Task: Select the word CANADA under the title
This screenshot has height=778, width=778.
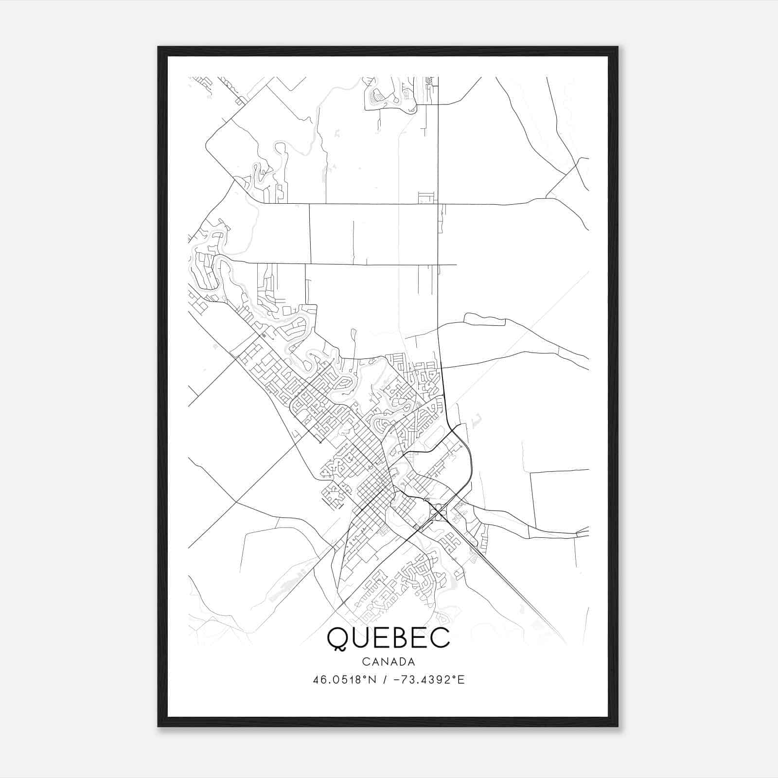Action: coord(389,662)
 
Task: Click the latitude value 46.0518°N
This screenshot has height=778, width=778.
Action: coord(345,680)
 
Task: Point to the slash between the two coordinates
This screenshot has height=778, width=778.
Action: coord(385,680)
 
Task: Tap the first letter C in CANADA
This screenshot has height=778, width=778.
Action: coord(365,662)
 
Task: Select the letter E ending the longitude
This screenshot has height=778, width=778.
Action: coord(461,680)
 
